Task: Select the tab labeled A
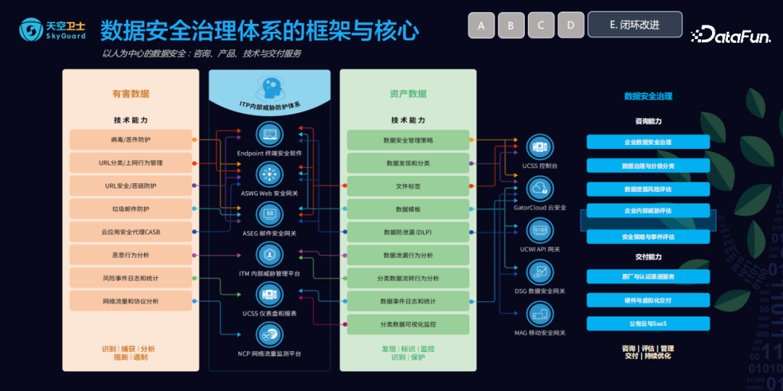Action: coord(481,25)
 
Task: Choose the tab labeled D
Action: coord(571,25)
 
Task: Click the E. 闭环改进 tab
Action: coord(634,25)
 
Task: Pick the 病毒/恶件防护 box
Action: coord(131,139)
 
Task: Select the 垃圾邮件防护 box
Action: coord(131,209)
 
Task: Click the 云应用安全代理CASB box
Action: coord(131,232)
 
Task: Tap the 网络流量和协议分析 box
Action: coord(131,300)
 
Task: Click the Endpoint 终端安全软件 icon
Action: coord(270,135)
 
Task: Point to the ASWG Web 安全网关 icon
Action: coord(270,175)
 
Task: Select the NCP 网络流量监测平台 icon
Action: coord(270,335)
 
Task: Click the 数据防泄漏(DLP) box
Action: coord(407,232)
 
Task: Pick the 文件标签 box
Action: coord(407,186)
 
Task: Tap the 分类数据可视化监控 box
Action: coord(407,324)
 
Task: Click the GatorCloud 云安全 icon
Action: coord(539,190)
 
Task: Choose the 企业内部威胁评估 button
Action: coord(647,211)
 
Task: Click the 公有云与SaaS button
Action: coord(647,323)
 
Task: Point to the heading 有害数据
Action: coord(130,94)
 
